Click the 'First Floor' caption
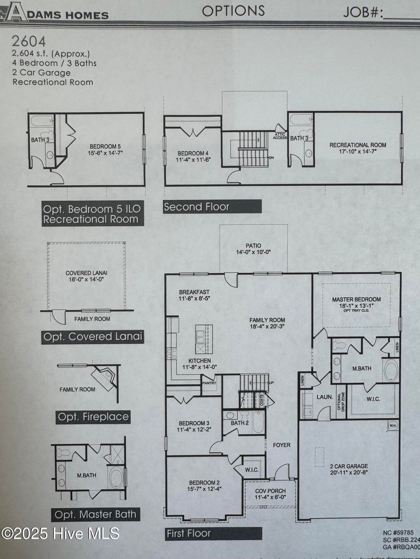coord(188,533)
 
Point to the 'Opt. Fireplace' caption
coord(93,417)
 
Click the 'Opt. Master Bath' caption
coord(96,514)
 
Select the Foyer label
coord(281,445)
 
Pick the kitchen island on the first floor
coord(204,339)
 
